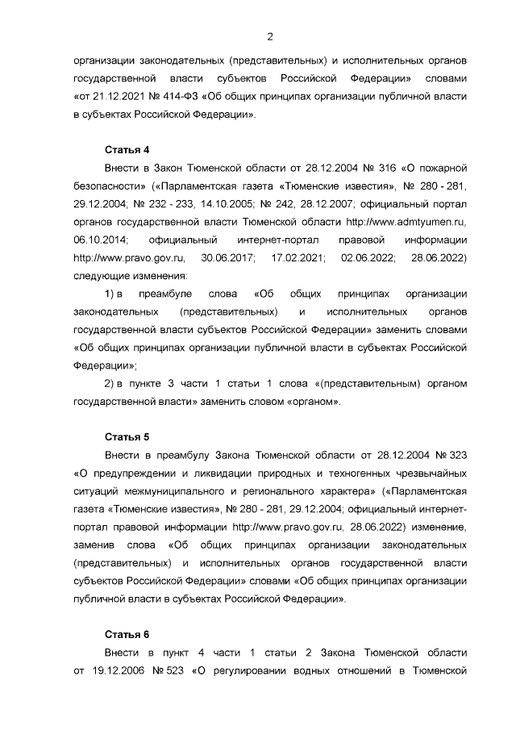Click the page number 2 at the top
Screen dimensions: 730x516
270,35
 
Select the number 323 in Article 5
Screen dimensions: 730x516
458,456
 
